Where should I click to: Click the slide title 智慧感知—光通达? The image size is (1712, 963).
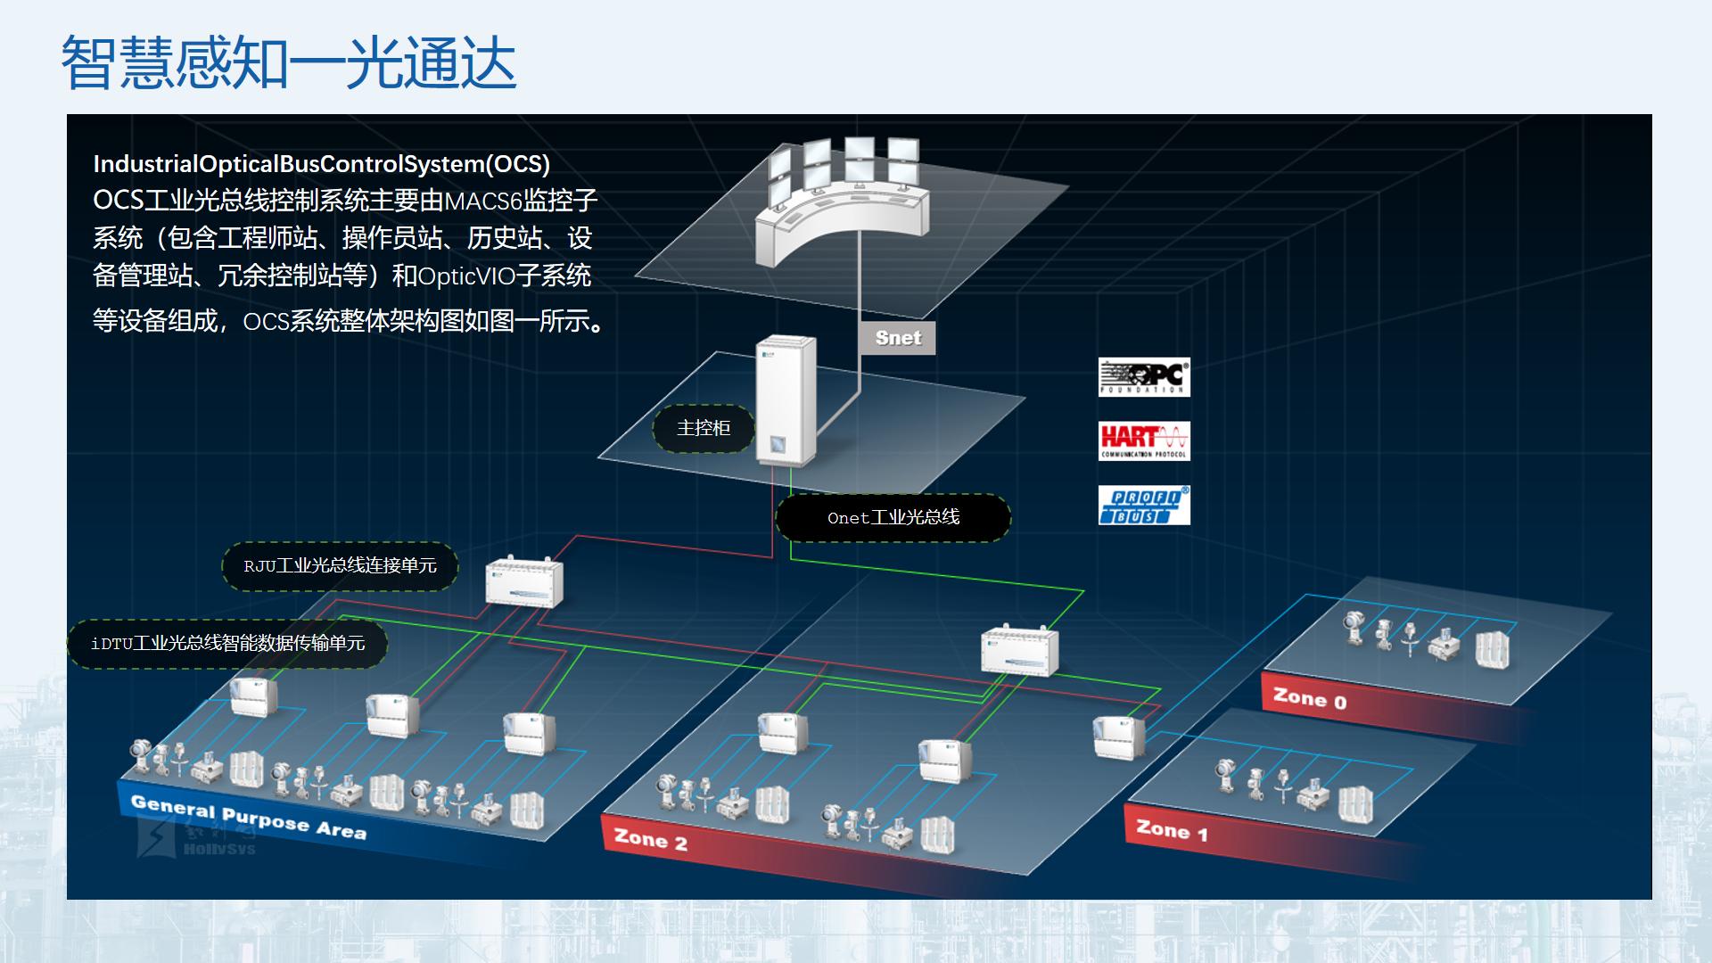[289, 62]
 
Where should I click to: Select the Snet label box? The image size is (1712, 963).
[897, 338]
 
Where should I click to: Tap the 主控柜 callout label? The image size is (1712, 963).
[704, 428]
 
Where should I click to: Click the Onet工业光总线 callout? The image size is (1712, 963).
[893, 518]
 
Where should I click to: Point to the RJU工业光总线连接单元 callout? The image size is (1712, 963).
[340, 566]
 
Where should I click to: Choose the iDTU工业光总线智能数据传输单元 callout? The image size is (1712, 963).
[227, 644]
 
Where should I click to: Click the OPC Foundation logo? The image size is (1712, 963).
[1144, 377]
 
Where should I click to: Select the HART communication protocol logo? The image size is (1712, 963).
[1144, 441]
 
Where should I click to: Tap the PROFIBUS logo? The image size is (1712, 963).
[1144, 506]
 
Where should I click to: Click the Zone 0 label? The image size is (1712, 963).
[1309, 698]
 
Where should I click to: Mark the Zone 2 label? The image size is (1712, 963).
[651, 840]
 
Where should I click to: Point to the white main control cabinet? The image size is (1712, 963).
[786, 400]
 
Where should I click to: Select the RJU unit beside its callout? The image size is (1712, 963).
[524, 583]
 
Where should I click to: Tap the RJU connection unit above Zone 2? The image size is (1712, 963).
[1019, 651]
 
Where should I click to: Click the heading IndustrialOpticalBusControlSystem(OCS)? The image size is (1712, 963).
[322, 164]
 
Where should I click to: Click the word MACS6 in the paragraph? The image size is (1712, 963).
[482, 202]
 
